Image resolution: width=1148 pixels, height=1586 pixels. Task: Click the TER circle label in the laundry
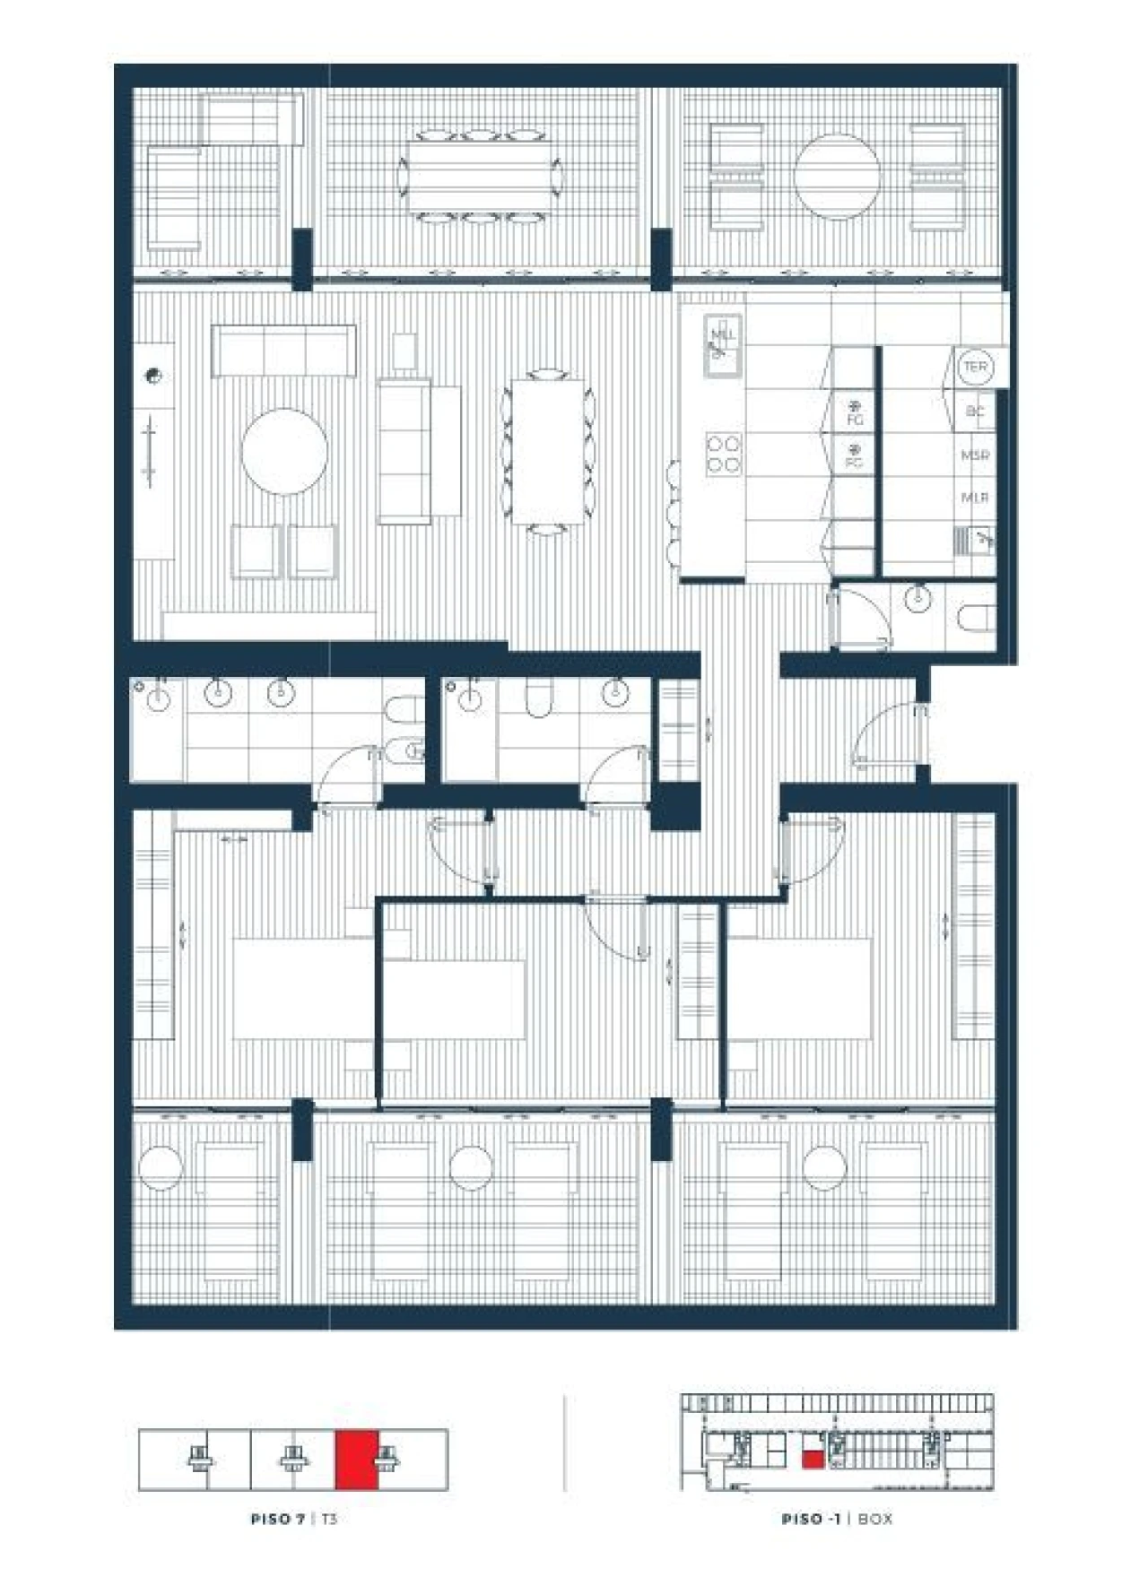[x=974, y=367]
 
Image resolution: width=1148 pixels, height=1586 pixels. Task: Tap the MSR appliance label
[x=974, y=455]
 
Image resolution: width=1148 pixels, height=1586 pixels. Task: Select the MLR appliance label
[x=974, y=497]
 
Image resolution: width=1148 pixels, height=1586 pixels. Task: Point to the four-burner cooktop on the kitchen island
[x=724, y=454]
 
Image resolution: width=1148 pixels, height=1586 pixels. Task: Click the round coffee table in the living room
[x=283, y=451]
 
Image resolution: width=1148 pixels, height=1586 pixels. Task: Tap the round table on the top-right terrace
[x=837, y=177]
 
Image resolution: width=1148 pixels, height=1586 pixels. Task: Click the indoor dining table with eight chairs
[x=546, y=451]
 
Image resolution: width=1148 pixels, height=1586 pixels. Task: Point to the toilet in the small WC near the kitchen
[x=976, y=618]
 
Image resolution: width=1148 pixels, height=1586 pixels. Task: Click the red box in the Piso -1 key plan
[x=813, y=1459]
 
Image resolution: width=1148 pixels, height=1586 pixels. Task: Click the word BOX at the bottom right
[x=874, y=1519]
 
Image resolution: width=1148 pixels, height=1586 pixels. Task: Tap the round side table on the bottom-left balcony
[x=161, y=1167]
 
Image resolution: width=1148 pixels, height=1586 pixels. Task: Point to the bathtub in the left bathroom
[x=158, y=729]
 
